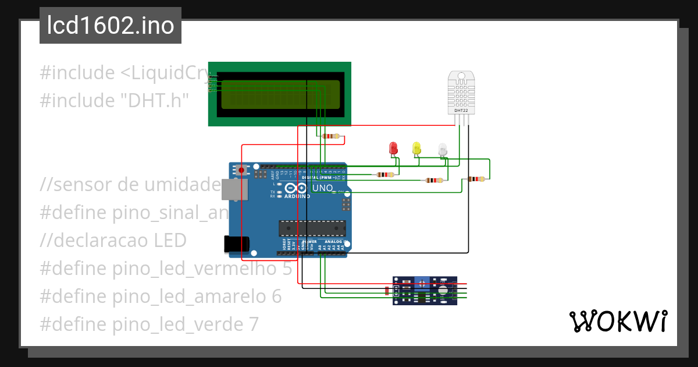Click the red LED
(393, 148)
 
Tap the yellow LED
(416, 148)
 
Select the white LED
(443, 149)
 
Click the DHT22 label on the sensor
(461, 110)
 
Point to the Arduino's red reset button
(241, 170)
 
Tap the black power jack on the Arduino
(237, 245)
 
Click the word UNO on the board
(322, 188)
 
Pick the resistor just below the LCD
(330, 136)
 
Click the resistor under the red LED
(384, 174)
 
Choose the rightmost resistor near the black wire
(476, 179)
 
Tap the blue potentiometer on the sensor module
(422, 283)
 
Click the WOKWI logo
(618, 322)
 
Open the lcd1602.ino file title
(111, 26)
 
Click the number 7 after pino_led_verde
(252, 324)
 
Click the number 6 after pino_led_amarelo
(276, 296)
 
